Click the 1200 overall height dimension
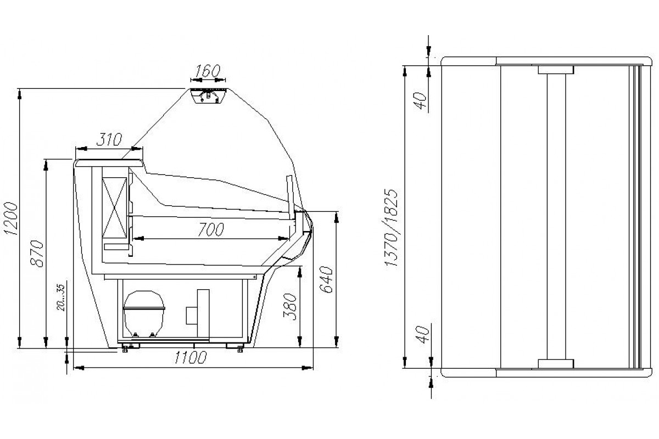pyautogui.click(x=10, y=218)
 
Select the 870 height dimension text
pyautogui.click(x=37, y=254)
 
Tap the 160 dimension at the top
pyautogui.click(x=208, y=71)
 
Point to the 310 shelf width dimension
pyautogui.click(x=109, y=139)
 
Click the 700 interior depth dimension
pyautogui.click(x=211, y=229)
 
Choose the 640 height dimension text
pyautogui.click(x=326, y=280)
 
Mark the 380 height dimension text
pyautogui.click(x=289, y=307)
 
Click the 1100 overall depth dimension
pyautogui.click(x=191, y=358)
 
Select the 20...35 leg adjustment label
pyautogui.click(x=61, y=297)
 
